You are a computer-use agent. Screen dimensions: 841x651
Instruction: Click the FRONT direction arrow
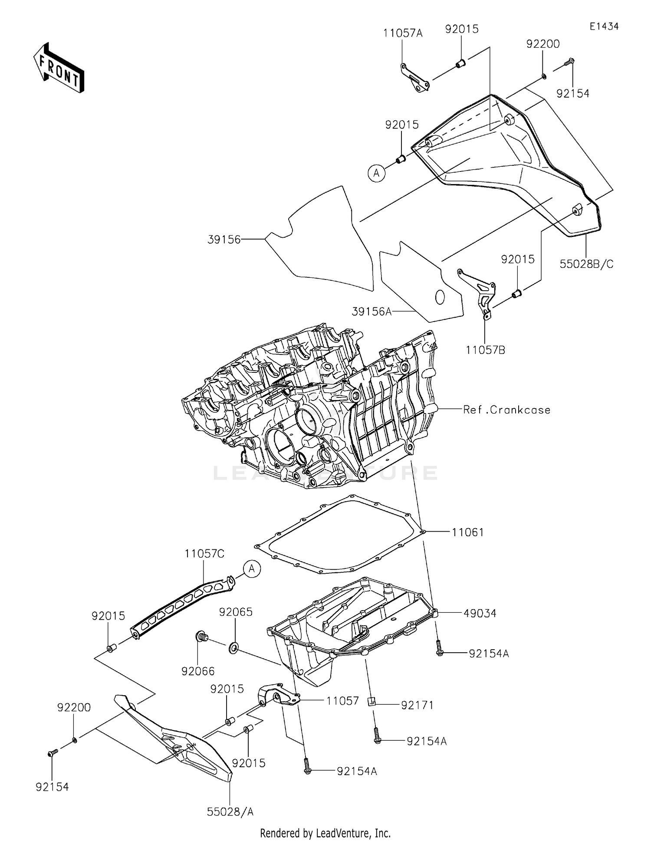pyautogui.click(x=59, y=69)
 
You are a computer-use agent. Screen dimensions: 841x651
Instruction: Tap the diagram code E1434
pyautogui.click(x=604, y=26)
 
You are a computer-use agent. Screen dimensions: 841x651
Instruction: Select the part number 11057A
pyautogui.click(x=402, y=33)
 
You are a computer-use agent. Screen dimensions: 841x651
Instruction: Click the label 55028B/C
pyautogui.click(x=586, y=264)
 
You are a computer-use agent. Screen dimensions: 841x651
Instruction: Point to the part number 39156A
pyautogui.click(x=372, y=311)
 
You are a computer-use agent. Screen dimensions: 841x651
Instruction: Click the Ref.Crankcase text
pyautogui.click(x=506, y=410)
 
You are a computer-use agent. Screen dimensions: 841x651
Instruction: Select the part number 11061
pyautogui.click(x=467, y=532)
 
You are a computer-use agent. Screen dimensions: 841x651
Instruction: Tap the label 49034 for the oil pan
pyautogui.click(x=480, y=613)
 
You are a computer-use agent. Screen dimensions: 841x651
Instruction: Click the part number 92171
pyautogui.click(x=417, y=705)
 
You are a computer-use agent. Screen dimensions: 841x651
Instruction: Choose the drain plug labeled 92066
pyautogui.click(x=201, y=637)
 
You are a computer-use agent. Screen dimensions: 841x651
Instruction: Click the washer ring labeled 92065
pyautogui.click(x=233, y=649)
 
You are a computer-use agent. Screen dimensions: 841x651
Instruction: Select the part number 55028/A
pyautogui.click(x=230, y=811)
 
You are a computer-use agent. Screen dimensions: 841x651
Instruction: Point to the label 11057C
pyautogui.click(x=204, y=554)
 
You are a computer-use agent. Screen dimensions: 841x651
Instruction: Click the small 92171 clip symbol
pyautogui.click(x=372, y=701)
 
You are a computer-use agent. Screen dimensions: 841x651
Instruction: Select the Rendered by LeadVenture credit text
pyautogui.click(x=325, y=833)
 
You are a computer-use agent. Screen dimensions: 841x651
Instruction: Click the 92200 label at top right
pyautogui.click(x=543, y=44)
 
